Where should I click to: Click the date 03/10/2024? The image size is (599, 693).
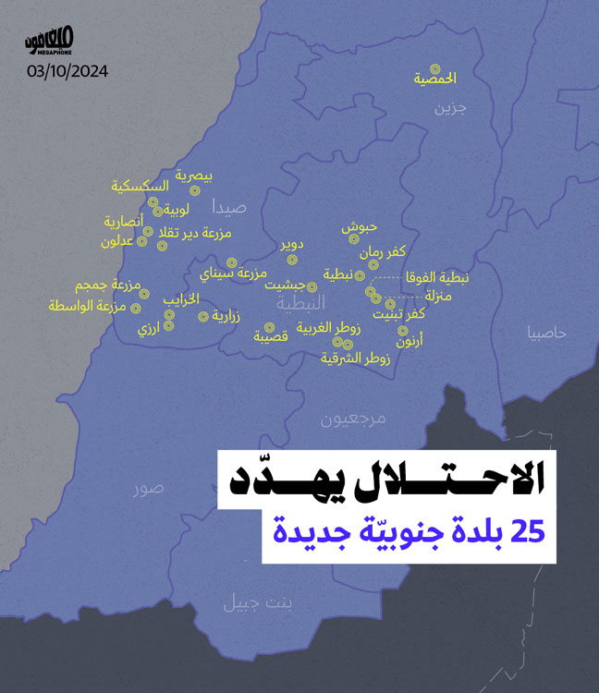[68, 71]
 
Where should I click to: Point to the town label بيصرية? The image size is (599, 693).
[194, 174]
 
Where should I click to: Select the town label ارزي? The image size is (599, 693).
[149, 329]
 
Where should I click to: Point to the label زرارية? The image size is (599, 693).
[226, 316]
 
